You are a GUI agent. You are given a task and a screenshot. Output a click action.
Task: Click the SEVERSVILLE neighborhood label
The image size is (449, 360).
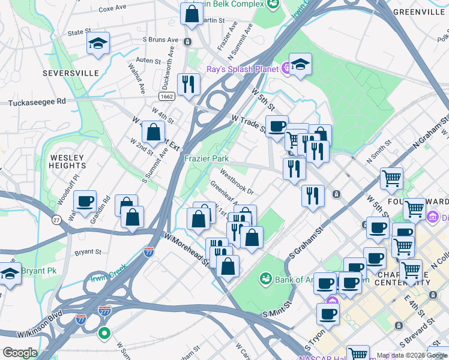click(x=71, y=73)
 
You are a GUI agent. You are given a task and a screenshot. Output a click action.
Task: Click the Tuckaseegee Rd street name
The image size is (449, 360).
click(x=37, y=103)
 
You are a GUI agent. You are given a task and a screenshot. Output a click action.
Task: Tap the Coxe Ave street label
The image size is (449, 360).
click(x=112, y=9)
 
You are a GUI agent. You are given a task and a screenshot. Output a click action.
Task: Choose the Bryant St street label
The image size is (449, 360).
click(x=88, y=253)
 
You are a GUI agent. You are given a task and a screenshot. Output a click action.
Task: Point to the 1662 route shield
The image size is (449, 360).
click(x=167, y=96)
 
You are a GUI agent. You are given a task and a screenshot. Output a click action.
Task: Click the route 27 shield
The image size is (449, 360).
click(x=55, y=221)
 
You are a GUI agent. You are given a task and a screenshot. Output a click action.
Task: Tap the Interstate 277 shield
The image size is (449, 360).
click(x=104, y=311)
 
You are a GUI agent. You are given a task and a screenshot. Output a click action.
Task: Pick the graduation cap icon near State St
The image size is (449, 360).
click(x=98, y=43)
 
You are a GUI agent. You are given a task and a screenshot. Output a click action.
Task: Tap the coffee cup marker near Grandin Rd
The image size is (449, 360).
click(x=85, y=201)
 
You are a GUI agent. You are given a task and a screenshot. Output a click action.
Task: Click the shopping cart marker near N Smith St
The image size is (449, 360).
click(x=391, y=178)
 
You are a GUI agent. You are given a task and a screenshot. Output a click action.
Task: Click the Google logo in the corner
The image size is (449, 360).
click(x=19, y=353)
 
